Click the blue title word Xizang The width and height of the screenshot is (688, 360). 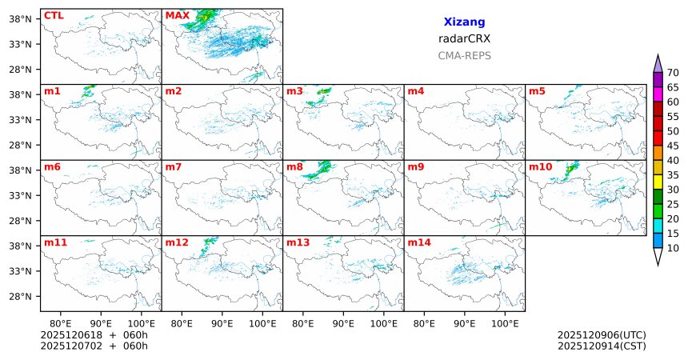(464, 22)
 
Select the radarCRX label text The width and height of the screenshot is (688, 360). (464, 38)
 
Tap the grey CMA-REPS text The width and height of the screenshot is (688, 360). (464, 56)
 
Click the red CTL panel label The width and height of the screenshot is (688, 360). (54, 15)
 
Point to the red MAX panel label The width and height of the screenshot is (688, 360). (177, 15)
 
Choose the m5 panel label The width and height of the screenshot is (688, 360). (537, 91)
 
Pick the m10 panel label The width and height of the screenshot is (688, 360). (540, 167)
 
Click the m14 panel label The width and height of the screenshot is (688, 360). (418, 242)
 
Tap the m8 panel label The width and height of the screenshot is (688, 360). (294, 167)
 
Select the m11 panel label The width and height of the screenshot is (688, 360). (55, 242)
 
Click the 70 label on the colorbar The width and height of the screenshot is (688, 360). (673, 73)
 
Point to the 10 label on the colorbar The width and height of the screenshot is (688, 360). (673, 249)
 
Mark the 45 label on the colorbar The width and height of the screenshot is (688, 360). (673, 146)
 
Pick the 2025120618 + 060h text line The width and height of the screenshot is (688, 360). (94, 335)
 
